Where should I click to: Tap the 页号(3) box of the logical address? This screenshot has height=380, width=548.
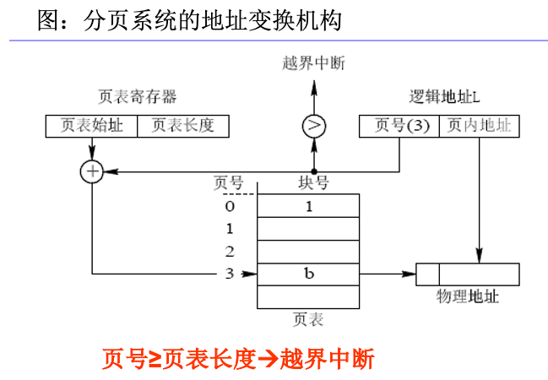coord(399,126)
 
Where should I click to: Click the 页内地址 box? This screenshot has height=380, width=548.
coord(479,126)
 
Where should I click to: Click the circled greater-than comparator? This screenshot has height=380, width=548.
coord(314,126)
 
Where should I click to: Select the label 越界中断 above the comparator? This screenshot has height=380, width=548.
coord(314,62)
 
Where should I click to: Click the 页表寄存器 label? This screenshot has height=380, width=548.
coord(138,96)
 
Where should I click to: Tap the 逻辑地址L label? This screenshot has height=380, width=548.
coord(444,96)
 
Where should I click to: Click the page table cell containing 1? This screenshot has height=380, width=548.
coord(308,205)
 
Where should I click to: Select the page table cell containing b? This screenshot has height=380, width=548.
coord(308,274)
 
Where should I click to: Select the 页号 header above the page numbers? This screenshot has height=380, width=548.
coord(229,182)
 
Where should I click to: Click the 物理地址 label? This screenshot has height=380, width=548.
coord(467,297)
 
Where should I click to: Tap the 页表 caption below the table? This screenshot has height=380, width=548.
coord(308,320)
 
